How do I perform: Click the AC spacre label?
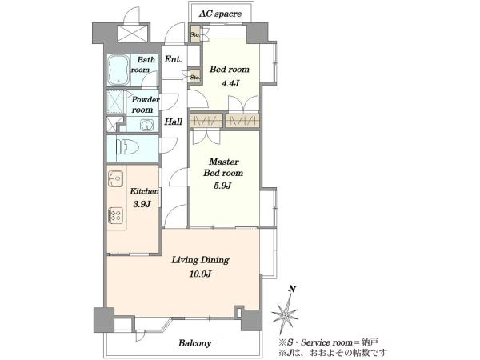[x=220, y=14]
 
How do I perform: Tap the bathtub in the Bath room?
[x=118, y=70]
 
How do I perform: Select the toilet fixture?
[x=127, y=146]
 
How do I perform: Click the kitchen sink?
[x=116, y=178]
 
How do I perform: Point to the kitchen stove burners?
[x=116, y=215]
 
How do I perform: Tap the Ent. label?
[x=173, y=59]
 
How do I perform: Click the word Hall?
[x=174, y=122]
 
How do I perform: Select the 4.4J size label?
[x=230, y=83]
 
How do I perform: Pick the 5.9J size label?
[x=222, y=186]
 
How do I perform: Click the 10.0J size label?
[x=200, y=274]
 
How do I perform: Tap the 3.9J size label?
[x=142, y=204]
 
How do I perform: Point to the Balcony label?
[x=195, y=343]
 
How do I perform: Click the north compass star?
[x=285, y=314]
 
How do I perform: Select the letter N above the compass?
[x=293, y=289]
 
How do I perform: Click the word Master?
[x=224, y=162]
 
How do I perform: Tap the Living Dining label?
[x=200, y=260]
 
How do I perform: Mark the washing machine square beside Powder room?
[x=115, y=102]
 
